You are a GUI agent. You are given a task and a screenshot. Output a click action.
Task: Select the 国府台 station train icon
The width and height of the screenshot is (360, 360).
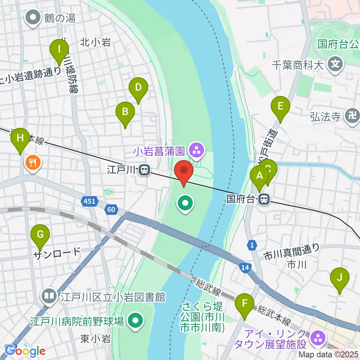point(264,199)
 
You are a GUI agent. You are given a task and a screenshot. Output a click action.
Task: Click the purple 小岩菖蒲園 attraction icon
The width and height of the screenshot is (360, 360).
point(196,151)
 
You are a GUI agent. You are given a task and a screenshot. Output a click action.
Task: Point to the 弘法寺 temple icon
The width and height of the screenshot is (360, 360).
point(352,117)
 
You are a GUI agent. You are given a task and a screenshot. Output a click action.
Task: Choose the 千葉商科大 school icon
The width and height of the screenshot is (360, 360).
point(335,65)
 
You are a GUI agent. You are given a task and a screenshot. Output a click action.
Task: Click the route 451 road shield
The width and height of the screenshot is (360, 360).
point(89,201)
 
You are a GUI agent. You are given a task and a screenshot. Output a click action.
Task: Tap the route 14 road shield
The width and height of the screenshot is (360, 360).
point(244,267)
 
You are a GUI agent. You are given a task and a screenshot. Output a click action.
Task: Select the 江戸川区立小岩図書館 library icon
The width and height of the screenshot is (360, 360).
point(49,297)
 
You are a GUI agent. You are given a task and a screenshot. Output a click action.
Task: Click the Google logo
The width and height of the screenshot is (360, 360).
point(25,351)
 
